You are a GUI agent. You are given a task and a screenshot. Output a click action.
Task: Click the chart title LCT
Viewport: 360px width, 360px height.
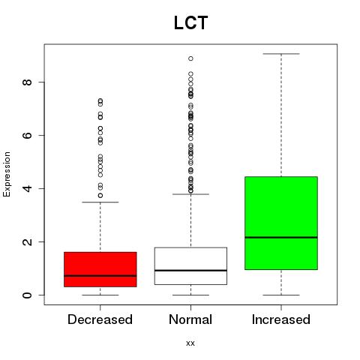click(190, 22)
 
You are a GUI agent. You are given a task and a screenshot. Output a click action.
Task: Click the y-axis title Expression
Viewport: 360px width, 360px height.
click(7, 174)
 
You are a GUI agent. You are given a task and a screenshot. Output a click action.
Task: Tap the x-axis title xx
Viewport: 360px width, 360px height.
click(190, 343)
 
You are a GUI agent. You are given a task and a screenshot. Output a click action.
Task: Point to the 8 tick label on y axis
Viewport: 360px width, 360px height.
click(27, 82)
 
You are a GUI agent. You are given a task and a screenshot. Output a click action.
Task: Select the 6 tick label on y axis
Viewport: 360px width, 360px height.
click(27, 135)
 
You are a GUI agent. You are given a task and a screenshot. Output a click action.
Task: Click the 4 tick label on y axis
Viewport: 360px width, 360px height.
click(27, 188)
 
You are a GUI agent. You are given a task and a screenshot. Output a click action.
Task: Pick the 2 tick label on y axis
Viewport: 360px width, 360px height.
click(27, 241)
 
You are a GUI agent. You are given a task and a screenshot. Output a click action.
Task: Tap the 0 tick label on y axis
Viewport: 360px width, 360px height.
click(27, 295)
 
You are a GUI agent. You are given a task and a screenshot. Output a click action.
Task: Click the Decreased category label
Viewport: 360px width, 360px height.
click(100, 319)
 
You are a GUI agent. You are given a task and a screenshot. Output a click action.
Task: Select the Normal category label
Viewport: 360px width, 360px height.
click(190, 319)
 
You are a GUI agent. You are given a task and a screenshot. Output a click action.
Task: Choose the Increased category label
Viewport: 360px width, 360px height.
click(281, 319)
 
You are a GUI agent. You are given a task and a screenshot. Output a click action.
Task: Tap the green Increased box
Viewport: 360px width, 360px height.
click(281, 223)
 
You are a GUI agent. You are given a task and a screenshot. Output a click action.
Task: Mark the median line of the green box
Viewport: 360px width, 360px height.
click(281, 238)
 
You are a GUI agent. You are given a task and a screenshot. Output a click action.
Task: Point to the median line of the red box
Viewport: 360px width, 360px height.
click(100, 276)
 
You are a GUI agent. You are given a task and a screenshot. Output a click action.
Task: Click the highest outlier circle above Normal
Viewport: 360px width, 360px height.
click(190, 58)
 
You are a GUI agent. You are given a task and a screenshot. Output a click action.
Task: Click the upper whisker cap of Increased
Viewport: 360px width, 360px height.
click(281, 54)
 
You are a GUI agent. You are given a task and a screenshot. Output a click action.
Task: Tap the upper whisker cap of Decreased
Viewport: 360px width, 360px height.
click(100, 202)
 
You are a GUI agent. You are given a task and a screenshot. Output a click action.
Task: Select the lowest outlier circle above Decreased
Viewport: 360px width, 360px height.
click(100, 196)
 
